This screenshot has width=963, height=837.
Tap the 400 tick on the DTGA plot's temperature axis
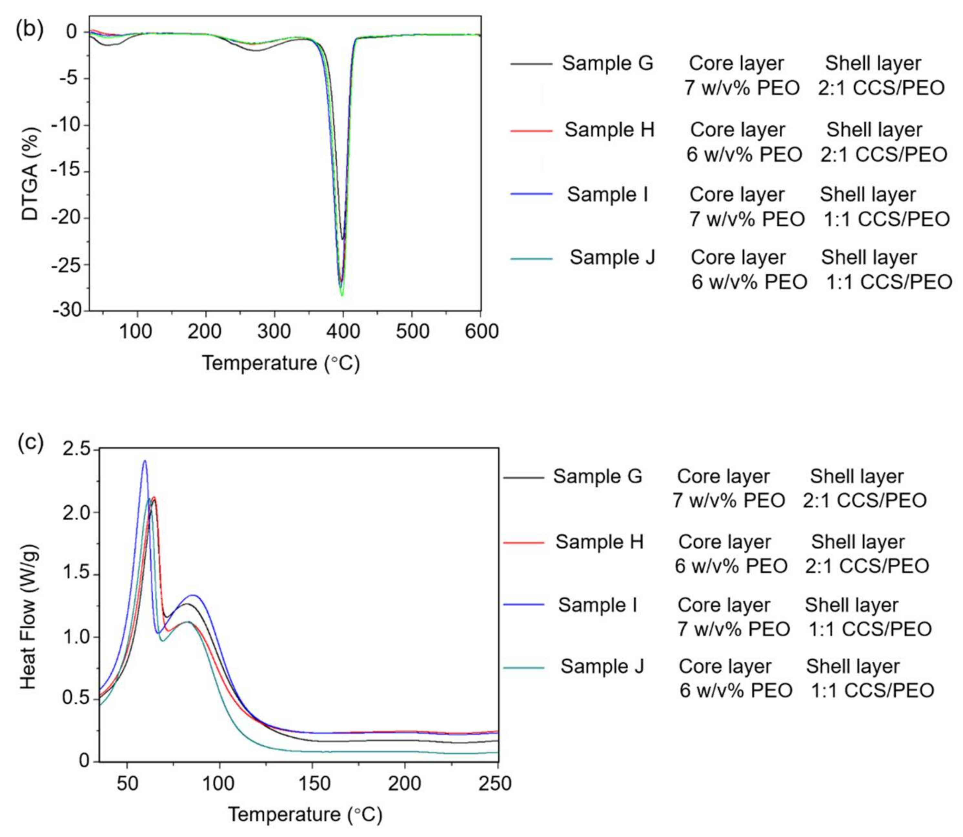click(x=343, y=331)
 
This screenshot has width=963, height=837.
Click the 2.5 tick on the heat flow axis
click(x=77, y=449)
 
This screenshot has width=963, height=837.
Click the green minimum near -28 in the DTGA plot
click(x=342, y=295)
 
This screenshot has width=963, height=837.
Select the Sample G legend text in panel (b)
click(x=607, y=63)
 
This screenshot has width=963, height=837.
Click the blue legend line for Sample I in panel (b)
click(x=531, y=194)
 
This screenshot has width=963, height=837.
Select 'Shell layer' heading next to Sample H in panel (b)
click(x=874, y=130)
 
